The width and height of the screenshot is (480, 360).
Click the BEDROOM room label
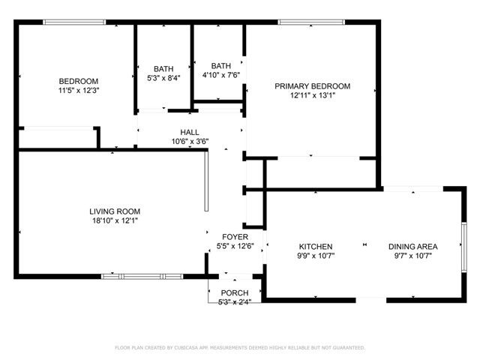79,81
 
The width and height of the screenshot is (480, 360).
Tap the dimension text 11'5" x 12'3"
79,90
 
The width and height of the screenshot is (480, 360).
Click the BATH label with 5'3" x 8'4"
163,68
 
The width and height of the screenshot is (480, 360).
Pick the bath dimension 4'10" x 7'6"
221,65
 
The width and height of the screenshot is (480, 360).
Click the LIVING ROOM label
115,211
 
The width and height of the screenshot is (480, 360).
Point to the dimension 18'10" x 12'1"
115,220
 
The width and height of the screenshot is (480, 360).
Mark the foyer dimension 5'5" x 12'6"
235,246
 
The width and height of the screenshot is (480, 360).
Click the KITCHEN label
316,247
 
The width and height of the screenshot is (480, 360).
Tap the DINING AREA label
412,247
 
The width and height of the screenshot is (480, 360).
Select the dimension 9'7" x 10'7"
412,256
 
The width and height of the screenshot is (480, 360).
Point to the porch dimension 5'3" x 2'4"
234,302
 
